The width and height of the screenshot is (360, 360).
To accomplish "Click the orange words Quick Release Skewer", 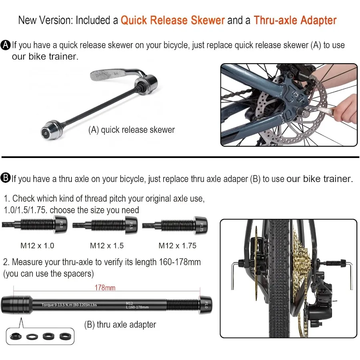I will point(172,20).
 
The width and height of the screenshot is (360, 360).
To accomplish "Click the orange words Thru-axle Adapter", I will point(295,20).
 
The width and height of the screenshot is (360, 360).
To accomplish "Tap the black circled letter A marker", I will point(6,45).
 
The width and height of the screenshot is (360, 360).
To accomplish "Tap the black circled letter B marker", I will point(6,178).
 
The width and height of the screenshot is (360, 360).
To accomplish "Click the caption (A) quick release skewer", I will point(131,130).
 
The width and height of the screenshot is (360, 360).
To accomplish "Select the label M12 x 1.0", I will point(37,246).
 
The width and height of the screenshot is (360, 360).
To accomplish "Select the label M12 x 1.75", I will point(177,246).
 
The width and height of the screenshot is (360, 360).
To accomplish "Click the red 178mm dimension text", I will point(105,288).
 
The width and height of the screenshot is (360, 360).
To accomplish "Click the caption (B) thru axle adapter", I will point(120,324).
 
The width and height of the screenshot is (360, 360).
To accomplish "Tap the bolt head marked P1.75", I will point(200,227).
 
